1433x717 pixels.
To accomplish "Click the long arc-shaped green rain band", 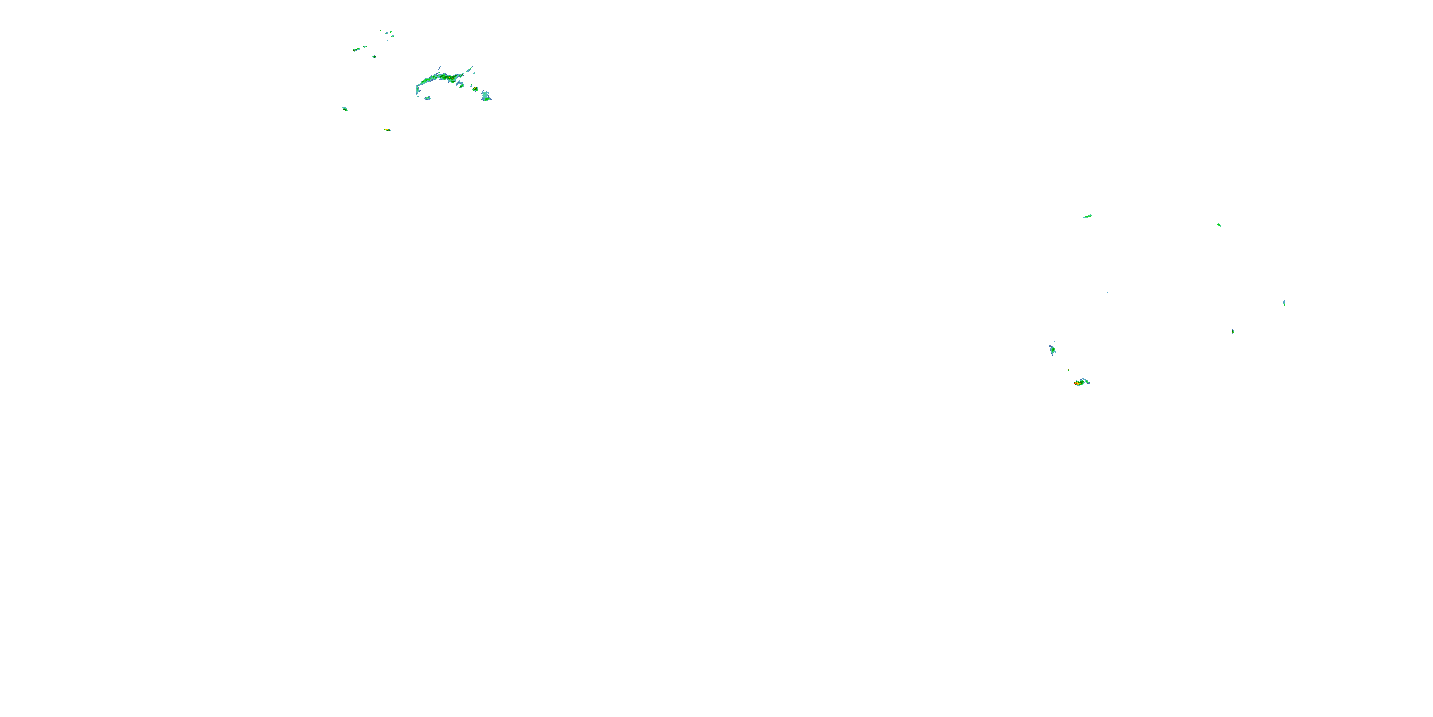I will (439, 78).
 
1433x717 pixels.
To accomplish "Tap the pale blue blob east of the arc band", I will (486, 96).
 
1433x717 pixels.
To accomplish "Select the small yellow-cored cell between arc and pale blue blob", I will (475, 88).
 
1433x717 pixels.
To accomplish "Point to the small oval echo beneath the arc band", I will (427, 98).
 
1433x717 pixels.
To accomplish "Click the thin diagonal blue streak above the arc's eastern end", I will (470, 70).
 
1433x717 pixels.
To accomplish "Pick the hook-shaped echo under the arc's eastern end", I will (460, 85).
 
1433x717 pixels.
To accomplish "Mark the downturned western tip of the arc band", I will (417, 89).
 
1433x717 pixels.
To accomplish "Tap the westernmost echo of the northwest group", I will (345, 109).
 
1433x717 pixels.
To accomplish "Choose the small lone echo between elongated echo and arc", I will (374, 57).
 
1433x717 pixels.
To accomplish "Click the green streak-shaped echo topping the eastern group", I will (1088, 216).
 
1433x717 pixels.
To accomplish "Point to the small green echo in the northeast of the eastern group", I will (1218, 224).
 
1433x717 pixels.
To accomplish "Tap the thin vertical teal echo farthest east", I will (1284, 304).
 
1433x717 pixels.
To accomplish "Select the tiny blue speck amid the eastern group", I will (1106, 292).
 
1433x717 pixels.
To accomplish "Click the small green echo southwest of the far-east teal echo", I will (1232, 332).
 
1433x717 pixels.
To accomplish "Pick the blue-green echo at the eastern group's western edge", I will (1052, 349).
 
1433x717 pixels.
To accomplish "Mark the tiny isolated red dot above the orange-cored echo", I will (1068, 369).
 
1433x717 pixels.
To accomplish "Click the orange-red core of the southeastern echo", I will (1078, 383).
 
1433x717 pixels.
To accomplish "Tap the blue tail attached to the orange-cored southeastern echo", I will (1085, 381).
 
